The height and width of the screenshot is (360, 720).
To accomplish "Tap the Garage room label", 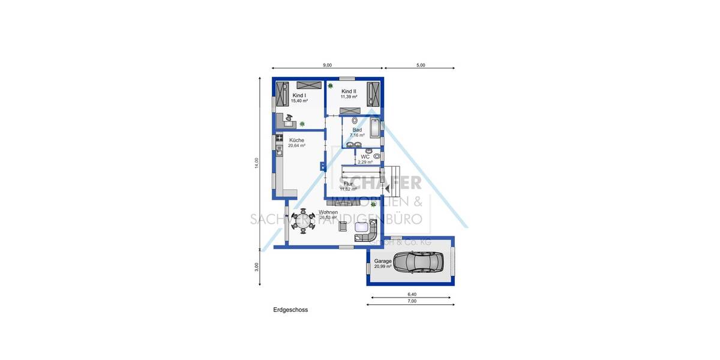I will (383, 262).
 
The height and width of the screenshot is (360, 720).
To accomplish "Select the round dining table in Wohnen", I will (303, 220).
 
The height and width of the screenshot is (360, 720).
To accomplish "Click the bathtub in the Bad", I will (375, 128).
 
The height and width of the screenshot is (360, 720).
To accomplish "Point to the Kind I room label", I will (299, 95).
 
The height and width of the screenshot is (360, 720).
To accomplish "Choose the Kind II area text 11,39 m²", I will (349, 97).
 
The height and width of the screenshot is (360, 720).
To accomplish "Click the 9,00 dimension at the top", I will (327, 65).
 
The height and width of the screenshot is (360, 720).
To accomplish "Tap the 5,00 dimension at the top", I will (421, 65).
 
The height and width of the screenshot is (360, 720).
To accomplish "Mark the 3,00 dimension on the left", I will (256, 266).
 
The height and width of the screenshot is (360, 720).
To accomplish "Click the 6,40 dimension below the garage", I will (412, 295).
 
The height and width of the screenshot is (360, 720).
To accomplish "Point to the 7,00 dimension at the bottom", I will (412, 302).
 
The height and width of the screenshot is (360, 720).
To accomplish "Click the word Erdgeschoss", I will (290, 310).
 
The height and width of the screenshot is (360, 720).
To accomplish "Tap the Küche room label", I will (296, 140).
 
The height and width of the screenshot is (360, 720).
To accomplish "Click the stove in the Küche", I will (279, 139).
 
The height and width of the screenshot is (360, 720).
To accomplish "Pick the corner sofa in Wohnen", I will (367, 230).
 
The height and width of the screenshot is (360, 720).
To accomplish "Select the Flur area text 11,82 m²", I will (349, 189).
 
